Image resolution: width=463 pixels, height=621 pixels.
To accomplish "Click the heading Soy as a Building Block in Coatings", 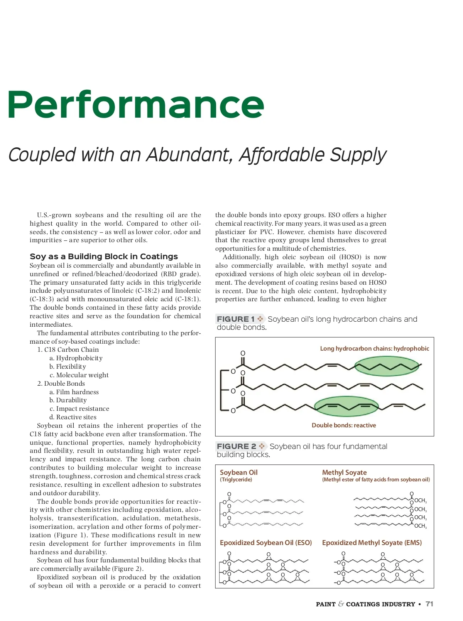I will (104, 256).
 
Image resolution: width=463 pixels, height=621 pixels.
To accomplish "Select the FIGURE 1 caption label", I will (236, 319).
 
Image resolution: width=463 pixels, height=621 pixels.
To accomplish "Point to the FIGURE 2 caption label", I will (237, 446).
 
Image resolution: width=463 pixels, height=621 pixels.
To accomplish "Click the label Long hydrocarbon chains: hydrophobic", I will (374, 348).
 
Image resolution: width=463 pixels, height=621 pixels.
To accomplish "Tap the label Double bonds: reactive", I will (343, 425).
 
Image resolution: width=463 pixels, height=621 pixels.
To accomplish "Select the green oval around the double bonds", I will (346, 406).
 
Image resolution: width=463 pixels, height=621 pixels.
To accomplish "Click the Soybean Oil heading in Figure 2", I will (238, 472).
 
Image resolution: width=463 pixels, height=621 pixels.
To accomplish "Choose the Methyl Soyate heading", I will (344, 472).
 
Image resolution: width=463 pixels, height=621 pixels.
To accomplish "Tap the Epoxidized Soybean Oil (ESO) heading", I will (265, 542).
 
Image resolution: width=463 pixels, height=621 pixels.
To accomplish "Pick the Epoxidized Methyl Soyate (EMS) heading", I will (372, 542).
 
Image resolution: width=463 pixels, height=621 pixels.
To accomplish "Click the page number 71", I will (429, 604).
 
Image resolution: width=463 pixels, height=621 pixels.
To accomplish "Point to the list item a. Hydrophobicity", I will (76, 358).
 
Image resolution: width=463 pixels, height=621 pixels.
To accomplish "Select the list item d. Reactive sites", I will (73, 417).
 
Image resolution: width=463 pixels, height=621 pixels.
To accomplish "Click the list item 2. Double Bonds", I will (61, 383).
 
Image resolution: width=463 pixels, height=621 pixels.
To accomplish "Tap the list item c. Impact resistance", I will (79, 408).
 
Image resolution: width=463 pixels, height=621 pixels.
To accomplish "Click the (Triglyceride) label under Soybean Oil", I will (236, 479).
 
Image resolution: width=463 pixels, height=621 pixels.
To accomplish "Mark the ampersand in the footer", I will (341, 604).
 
